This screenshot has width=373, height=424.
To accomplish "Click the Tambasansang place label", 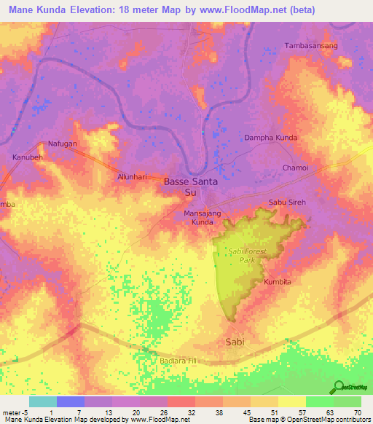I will click(x=310, y=45).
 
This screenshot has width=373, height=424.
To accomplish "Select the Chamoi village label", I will click(x=296, y=168).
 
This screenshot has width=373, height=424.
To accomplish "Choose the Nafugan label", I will click(x=63, y=144).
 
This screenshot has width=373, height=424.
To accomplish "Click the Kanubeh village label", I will click(x=27, y=157).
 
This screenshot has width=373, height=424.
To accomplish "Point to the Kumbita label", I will click(x=278, y=281).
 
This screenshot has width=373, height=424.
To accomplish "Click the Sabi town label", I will click(x=235, y=342).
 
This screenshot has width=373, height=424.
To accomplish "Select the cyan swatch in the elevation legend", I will click(x=43, y=401).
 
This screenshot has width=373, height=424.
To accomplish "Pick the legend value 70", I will click(x=357, y=412).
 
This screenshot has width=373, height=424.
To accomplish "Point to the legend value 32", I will click(x=191, y=412).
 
